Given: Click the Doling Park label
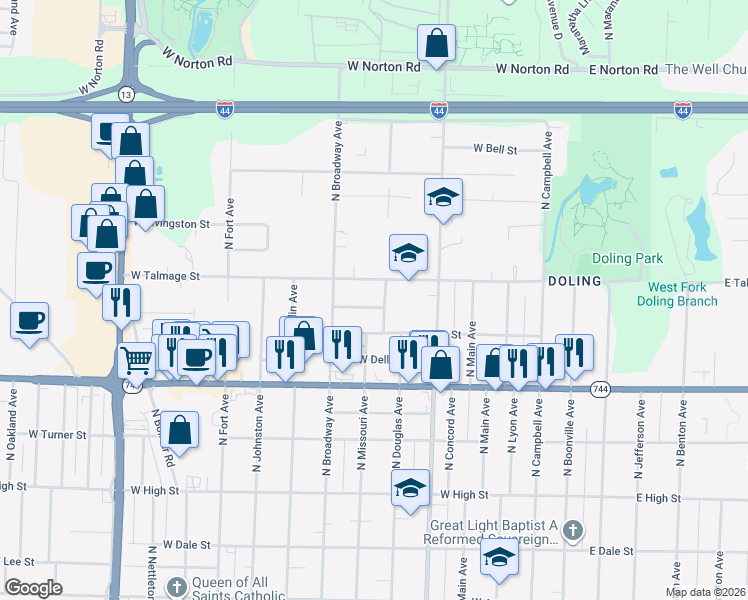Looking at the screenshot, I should (627, 258).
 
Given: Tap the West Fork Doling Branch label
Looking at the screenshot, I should (677, 294).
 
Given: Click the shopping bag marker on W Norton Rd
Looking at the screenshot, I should (436, 44).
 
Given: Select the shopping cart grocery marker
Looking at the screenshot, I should (135, 359).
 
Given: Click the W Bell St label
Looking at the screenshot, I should (494, 149).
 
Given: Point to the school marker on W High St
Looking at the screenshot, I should (408, 489).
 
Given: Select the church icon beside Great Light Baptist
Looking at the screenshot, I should (571, 530).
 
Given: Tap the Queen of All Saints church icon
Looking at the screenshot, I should (176, 586).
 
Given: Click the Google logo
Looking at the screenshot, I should (33, 588).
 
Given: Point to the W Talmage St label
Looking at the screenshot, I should (166, 275).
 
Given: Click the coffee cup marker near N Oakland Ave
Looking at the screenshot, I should (29, 321).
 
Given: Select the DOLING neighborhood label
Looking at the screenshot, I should (574, 282).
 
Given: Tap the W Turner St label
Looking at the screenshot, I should (58, 435).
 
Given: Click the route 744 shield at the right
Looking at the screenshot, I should (599, 389).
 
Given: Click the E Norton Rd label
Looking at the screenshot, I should (623, 69).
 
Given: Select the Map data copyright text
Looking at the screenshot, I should (705, 591).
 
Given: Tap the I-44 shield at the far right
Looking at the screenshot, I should (682, 109).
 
